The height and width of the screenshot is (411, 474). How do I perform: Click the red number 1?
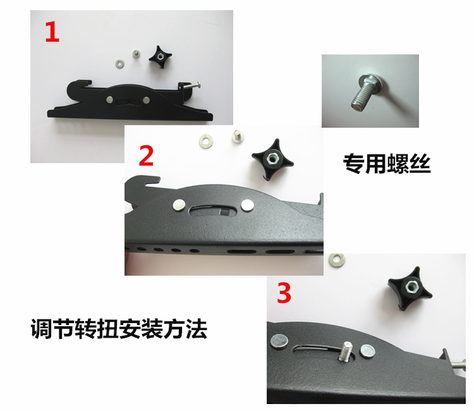[52, 32]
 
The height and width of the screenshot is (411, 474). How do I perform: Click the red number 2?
[146, 156]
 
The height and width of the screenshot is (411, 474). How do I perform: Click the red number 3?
[284, 293]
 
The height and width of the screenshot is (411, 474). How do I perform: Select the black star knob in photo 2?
[272, 159]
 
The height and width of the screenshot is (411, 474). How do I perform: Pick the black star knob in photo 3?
[410, 288]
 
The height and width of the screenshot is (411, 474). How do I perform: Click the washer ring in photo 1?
[121, 63]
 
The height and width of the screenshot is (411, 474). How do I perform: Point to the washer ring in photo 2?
[206, 141]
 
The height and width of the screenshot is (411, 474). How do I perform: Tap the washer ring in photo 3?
[337, 260]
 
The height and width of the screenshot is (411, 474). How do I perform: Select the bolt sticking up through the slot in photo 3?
[346, 351]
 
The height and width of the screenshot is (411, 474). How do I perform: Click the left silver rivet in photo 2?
[179, 205]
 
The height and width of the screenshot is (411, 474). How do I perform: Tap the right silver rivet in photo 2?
[248, 205]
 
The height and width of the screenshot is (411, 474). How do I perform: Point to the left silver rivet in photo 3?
[280, 341]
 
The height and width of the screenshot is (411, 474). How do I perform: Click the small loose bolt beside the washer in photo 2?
[238, 137]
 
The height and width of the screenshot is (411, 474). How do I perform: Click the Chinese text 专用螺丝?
[387, 164]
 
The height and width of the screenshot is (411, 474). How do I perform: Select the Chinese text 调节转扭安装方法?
[119, 328]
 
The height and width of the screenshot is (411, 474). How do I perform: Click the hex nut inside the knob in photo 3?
[411, 287]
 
